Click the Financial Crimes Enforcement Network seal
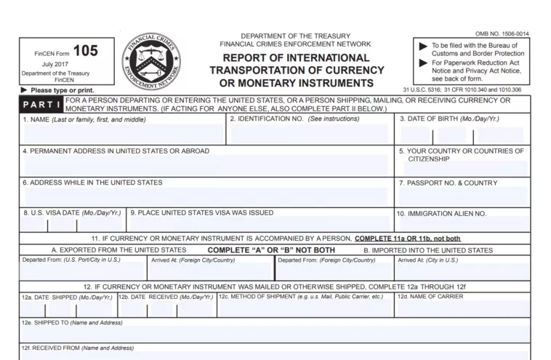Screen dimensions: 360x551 point(153,62)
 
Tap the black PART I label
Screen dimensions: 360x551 point(41,105)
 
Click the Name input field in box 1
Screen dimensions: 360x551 point(122,134)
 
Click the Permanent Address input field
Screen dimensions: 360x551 point(205,165)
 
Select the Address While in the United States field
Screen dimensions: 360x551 point(205,196)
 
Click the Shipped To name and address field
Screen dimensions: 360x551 point(275,332)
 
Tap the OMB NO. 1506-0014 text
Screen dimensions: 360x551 point(502,34)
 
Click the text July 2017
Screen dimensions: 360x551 point(55,65)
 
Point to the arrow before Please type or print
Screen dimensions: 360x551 point(24,90)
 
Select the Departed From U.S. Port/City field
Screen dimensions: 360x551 point(83,271)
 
